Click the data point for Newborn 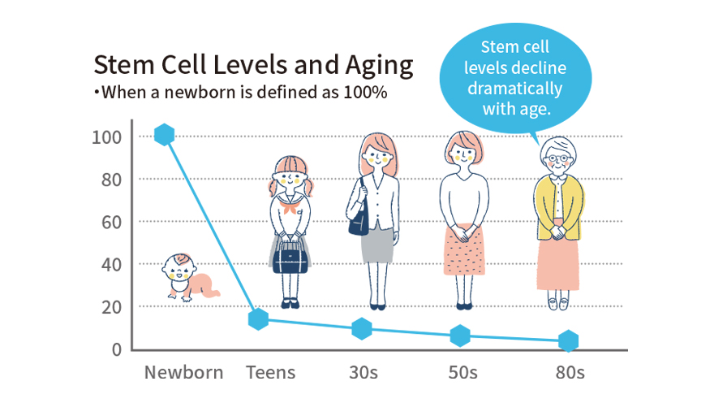pyautogui.click(x=164, y=135)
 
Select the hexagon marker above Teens pyautogui.click(x=258, y=319)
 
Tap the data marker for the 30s pyautogui.click(x=362, y=329)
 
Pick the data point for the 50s pyautogui.click(x=460, y=335)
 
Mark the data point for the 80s pyautogui.click(x=569, y=340)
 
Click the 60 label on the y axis pyautogui.click(x=110, y=222)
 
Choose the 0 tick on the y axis pyautogui.click(x=116, y=349)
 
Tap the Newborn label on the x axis pyautogui.click(x=183, y=373)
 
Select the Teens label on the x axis pyautogui.click(x=271, y=373)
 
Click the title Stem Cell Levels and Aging pyautogui.click(x=253, y=65)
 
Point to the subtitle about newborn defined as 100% pyautogui.click(x=240, y=92)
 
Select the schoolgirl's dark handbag pyautogui.click(x=290, y=258)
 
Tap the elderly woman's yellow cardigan pyautogui.click(x=559, y=207)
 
